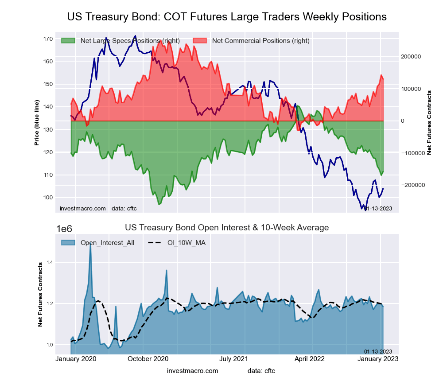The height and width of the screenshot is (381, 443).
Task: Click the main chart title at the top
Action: pos(227,17)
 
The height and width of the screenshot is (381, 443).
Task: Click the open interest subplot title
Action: pos(227,228)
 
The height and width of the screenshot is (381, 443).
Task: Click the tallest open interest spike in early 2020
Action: pos(91,245)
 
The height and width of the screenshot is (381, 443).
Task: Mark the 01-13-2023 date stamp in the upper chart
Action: pos(378,209)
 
